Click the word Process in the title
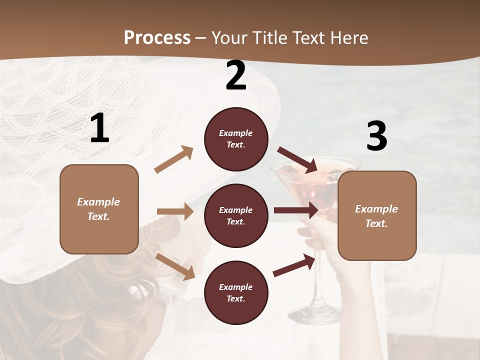click(x=157, y=38)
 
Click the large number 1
click(x=99, y=128)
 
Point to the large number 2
click(x=236, y=76)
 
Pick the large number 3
click(x=376, y=136)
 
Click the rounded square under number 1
click(x=99, y=209)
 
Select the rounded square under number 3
click(x=377, y=215)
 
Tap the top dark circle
click(x=236, y=139)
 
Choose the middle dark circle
click(x=236, y=215)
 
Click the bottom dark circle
click(x=236, y=292)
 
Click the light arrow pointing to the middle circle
click(x=175, y=211)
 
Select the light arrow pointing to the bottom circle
click(x=175, y=266)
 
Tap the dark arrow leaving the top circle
click(x=298, y=160)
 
